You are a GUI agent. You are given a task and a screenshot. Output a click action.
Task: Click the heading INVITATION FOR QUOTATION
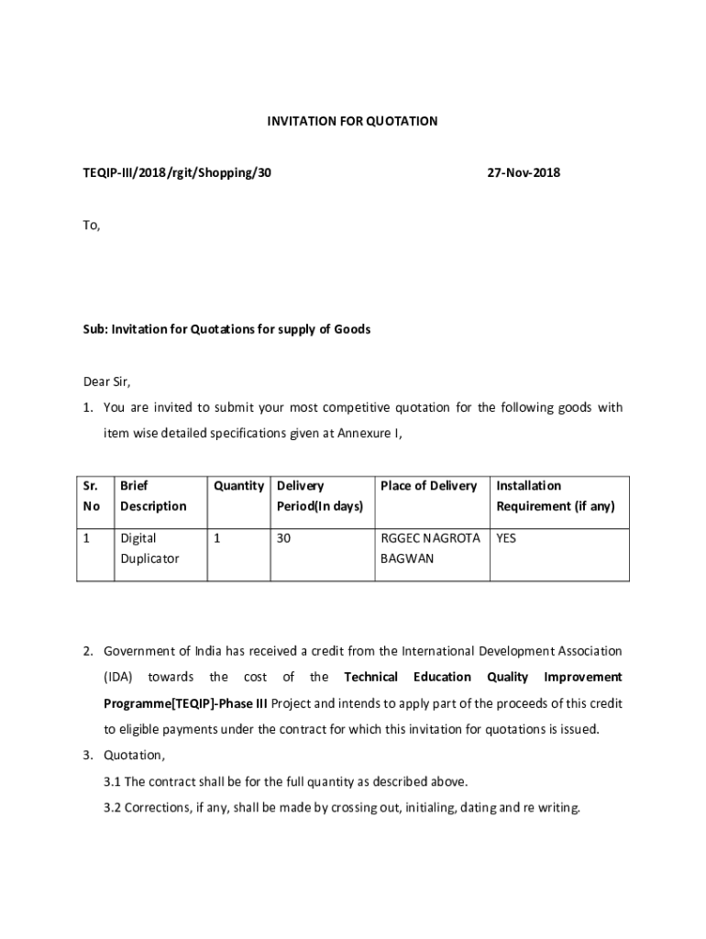[x=352, y=121]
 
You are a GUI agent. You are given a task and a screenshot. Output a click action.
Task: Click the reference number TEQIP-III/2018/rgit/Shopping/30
[x=171, y=172]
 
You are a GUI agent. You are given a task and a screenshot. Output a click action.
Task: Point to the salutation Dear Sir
[x=107, y=382]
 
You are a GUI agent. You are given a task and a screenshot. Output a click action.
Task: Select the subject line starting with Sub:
[x=226, y=329]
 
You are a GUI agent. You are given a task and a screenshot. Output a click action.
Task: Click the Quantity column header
[x=238, y=486]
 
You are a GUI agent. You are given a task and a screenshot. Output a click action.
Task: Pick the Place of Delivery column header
[x=428, y=486]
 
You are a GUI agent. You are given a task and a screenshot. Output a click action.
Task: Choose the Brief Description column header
[x=152, y=496]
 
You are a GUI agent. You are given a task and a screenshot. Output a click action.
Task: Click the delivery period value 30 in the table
[x=283, y=538]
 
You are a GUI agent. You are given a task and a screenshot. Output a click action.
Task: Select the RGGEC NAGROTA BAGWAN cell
[x=429, y=547]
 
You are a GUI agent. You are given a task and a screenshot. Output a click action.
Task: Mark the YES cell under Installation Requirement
[x=506, y=538]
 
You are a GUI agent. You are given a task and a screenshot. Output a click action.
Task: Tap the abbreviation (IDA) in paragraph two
[x=118, y=677]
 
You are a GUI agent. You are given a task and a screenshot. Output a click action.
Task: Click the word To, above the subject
[x=91, y=226]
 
